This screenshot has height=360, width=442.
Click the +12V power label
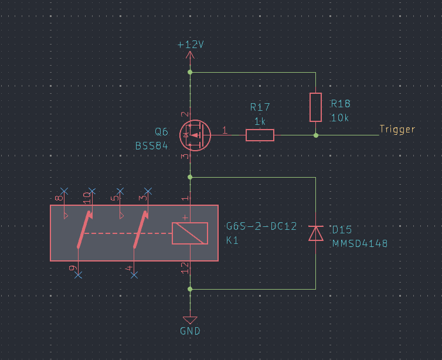point(190,45)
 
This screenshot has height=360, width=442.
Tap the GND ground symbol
point(190,320)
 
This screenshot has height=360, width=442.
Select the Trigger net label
point(397,130)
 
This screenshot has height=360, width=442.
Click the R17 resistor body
point(260,135)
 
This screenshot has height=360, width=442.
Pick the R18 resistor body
point(316,107)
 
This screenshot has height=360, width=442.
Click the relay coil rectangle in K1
point(189,233)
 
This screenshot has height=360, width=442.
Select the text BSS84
point(151,146)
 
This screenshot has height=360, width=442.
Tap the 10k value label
point(340,118)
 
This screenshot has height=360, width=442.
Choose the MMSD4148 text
point(360,243)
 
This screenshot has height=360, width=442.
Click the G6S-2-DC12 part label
point(261,227)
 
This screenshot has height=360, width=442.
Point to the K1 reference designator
point(233,240)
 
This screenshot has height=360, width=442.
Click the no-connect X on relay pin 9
point(79,274)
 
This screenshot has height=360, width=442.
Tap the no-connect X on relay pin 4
point(134,274)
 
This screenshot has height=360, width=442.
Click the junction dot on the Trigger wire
point(316,135)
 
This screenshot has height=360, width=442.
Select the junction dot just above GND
point(190,289)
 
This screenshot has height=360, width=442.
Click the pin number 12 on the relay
point(185,269)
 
